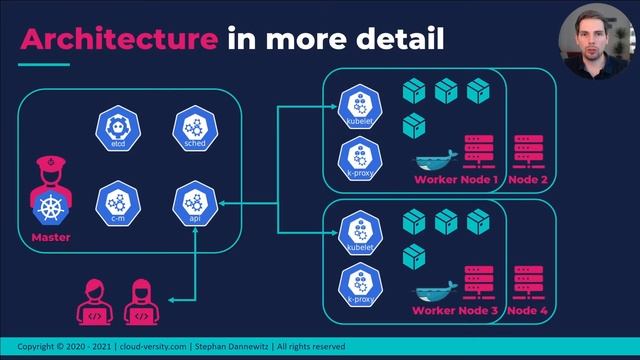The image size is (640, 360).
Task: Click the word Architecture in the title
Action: click(x=118, y=39)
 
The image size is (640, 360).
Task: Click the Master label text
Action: click(x=50, y=237)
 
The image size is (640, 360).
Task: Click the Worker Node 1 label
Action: click(x=456, y=180)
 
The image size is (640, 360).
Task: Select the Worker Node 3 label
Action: click(x=456, y=310)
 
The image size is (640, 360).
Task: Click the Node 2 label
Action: click(x=529, y=180)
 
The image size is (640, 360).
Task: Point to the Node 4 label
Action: click(x=529, y=310)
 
